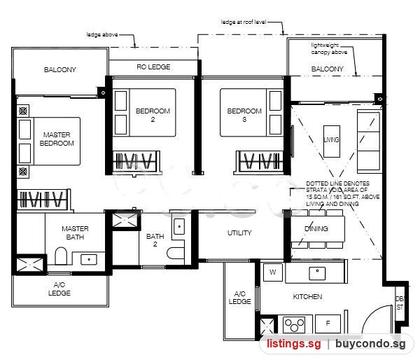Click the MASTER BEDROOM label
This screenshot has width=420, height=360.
pyautogui.click(x=57, y=139)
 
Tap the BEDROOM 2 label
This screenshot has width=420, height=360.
pyautogui.click(x=153, y=115)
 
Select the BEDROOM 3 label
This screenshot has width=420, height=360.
pyautogui.click(x=244, y=115)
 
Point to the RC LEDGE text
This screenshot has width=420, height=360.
pyautogui.click(x=153, y=67)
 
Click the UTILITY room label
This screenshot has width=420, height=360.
pyautogui.click(x=239, y=233)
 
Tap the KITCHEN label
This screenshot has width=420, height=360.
pyautogui.click(x=307, y=296)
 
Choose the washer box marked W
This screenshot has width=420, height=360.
pyautogui.click(x=273, y=272)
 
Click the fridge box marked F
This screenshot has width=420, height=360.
pyautogui.click(x=328, y=324)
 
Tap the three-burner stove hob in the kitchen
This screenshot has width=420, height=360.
pyautogui.click(x=294, y=324)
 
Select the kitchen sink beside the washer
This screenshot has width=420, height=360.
pyautogui.click(x=317, y=274)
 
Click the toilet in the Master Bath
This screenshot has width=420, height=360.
pyautogui.click(x=61, y=256)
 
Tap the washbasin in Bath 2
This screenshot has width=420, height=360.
pyautogui.click(x=179, y=226)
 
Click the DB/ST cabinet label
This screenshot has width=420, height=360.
pyautogui.click(x=400, y=303)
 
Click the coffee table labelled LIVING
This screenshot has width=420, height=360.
pyautogui.click(x=332, y=141)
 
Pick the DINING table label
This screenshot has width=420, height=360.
pyautogui.click(x=316, y=228)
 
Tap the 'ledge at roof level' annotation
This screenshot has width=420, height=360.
pyautogui.click(x=244, y=22)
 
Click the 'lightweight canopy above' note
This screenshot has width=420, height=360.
pyautogui.click(x=329, y=48)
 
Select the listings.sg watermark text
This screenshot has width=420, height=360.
pyautogui.click(x=293, y=344)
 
